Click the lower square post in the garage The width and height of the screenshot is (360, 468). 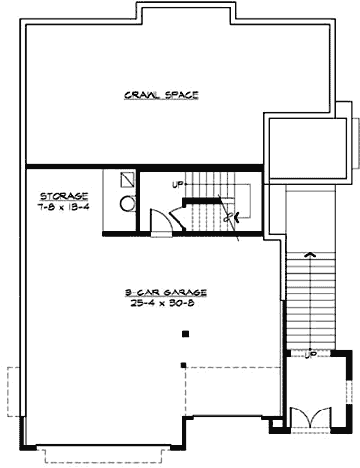[184, 365]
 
